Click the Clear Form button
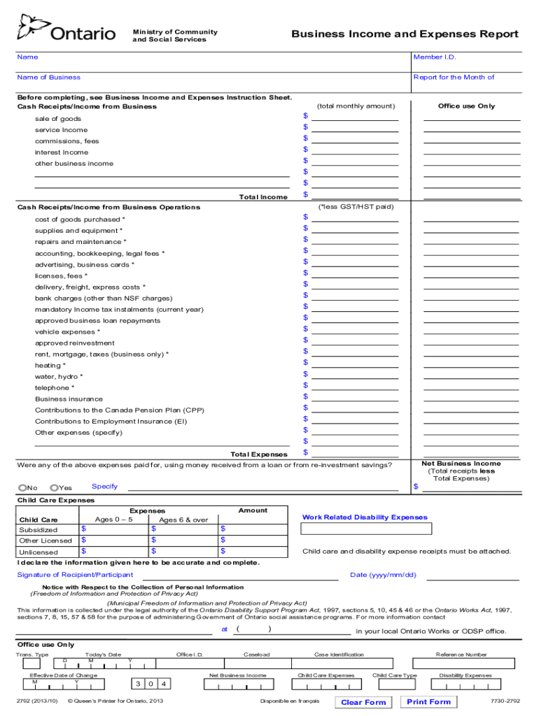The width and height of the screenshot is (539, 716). tap(363, 702)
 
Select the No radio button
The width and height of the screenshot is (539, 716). tap(23, 488)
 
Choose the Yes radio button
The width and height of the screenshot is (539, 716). tap(54, 488)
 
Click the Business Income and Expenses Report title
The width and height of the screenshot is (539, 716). tap(405, 34)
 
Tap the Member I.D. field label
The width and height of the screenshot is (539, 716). tap(435, 57)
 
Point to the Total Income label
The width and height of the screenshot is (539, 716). tap(262, 197)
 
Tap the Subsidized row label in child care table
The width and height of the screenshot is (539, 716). tap(38, 530)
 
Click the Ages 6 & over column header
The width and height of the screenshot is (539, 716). tap(183, 520)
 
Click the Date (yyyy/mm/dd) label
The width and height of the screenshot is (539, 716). tap(383, 575)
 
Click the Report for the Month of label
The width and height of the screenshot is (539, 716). tap(454, 78)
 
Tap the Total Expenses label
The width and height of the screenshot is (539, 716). tap(258, 454)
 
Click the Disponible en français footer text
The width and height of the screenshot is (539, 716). tap(290, 701)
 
